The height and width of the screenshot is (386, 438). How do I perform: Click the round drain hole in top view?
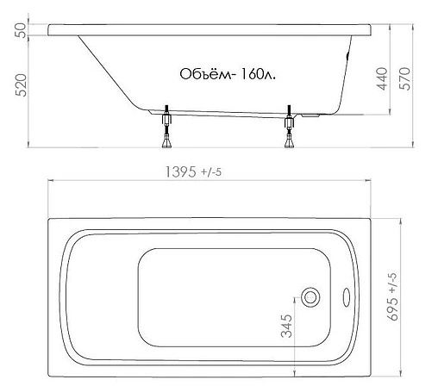(311, 297)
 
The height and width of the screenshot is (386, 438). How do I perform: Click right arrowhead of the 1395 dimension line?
(370, 181)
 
